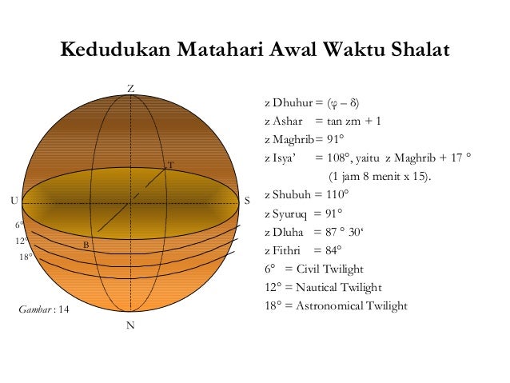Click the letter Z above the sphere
(130, 86)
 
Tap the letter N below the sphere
(129, 325)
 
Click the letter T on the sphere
(169, 166)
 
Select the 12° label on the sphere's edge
(22, 241)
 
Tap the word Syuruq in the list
(292, 213)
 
